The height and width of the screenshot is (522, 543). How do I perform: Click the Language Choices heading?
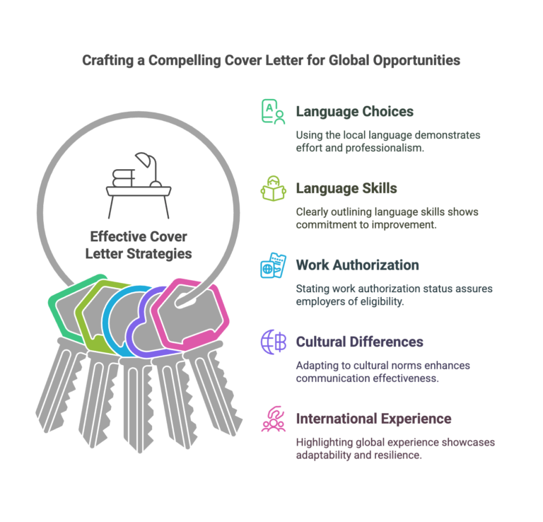coord(355,112)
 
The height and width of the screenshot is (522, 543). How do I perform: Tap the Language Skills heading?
coord(346,188)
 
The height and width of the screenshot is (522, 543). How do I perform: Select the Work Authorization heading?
coord(357,265)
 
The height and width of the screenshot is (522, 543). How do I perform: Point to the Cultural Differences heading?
coord(359,342)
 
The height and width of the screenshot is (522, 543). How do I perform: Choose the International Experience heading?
coord(373,419)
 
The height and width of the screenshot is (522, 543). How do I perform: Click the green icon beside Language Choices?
coord(273,112)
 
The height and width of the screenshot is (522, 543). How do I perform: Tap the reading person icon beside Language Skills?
coord(273,188)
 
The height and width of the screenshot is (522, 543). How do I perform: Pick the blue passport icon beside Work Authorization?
coord(273,265)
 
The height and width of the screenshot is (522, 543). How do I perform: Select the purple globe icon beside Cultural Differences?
coord(273,342)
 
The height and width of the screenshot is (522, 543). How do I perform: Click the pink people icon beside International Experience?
coord(273,419)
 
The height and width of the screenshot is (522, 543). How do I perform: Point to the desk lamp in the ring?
coord(149,169)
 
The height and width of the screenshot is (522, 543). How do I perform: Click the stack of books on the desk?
coord(123,178)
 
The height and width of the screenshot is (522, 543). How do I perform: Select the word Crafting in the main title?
coord(107,61)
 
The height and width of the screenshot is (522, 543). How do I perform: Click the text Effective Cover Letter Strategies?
coord(139,245)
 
